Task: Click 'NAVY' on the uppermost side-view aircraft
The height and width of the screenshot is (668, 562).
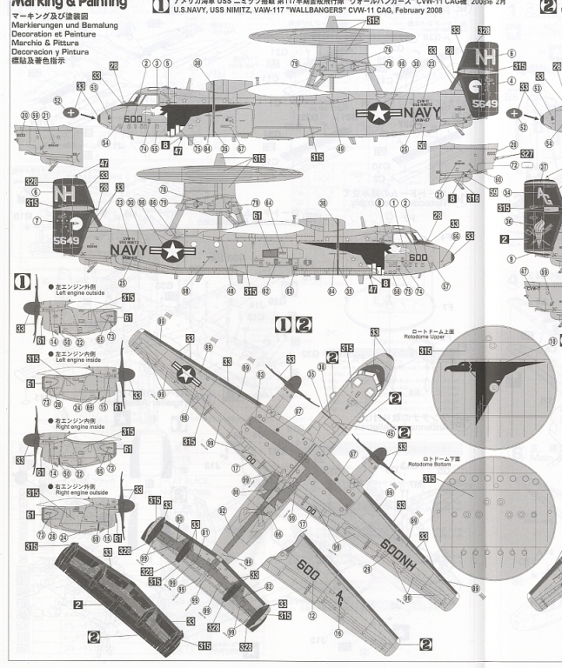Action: pos(421,113)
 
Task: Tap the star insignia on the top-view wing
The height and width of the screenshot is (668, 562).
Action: pos(184,374)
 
